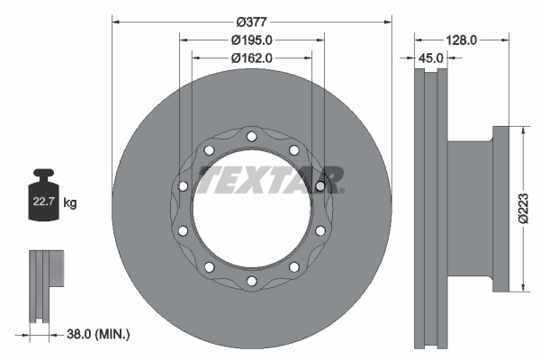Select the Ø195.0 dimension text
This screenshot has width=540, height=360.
pyautogui.click(x=251, y=40)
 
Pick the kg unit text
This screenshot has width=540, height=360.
pyautogui.click(x=70, y=203)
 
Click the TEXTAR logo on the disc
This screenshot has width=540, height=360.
pyautogui.click(x=270, y=179)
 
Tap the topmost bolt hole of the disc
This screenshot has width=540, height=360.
pyautogui.click(x=251, y=137)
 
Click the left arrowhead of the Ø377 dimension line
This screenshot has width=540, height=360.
pyautogui.click(x=115, y=19)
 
